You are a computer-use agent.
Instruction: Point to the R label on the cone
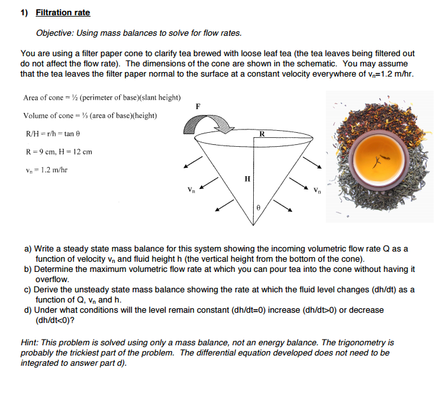pyautogui.click(x=261, y=133)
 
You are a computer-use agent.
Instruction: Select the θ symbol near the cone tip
pyautogui.click(x=258, y=208)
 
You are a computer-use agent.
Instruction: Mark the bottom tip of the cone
pyautogui.click(x=254, y=223)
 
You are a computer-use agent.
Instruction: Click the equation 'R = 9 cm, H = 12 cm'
pyautogui.click(x=58, y=152)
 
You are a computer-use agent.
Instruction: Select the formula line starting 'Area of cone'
pyautogui.click(x=101, y=98)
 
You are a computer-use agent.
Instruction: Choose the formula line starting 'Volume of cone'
pyautogui.click(x=90, y=116)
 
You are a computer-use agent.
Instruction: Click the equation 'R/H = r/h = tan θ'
pyautogui.click(x=53, y=134)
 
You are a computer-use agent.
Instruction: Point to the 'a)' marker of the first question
pyautogui.click(x=27, y=248)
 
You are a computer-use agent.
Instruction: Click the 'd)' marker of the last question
pyautogui.click(x=27, y=310)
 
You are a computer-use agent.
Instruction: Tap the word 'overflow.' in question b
pyautogui.click(x=52, y=279)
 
